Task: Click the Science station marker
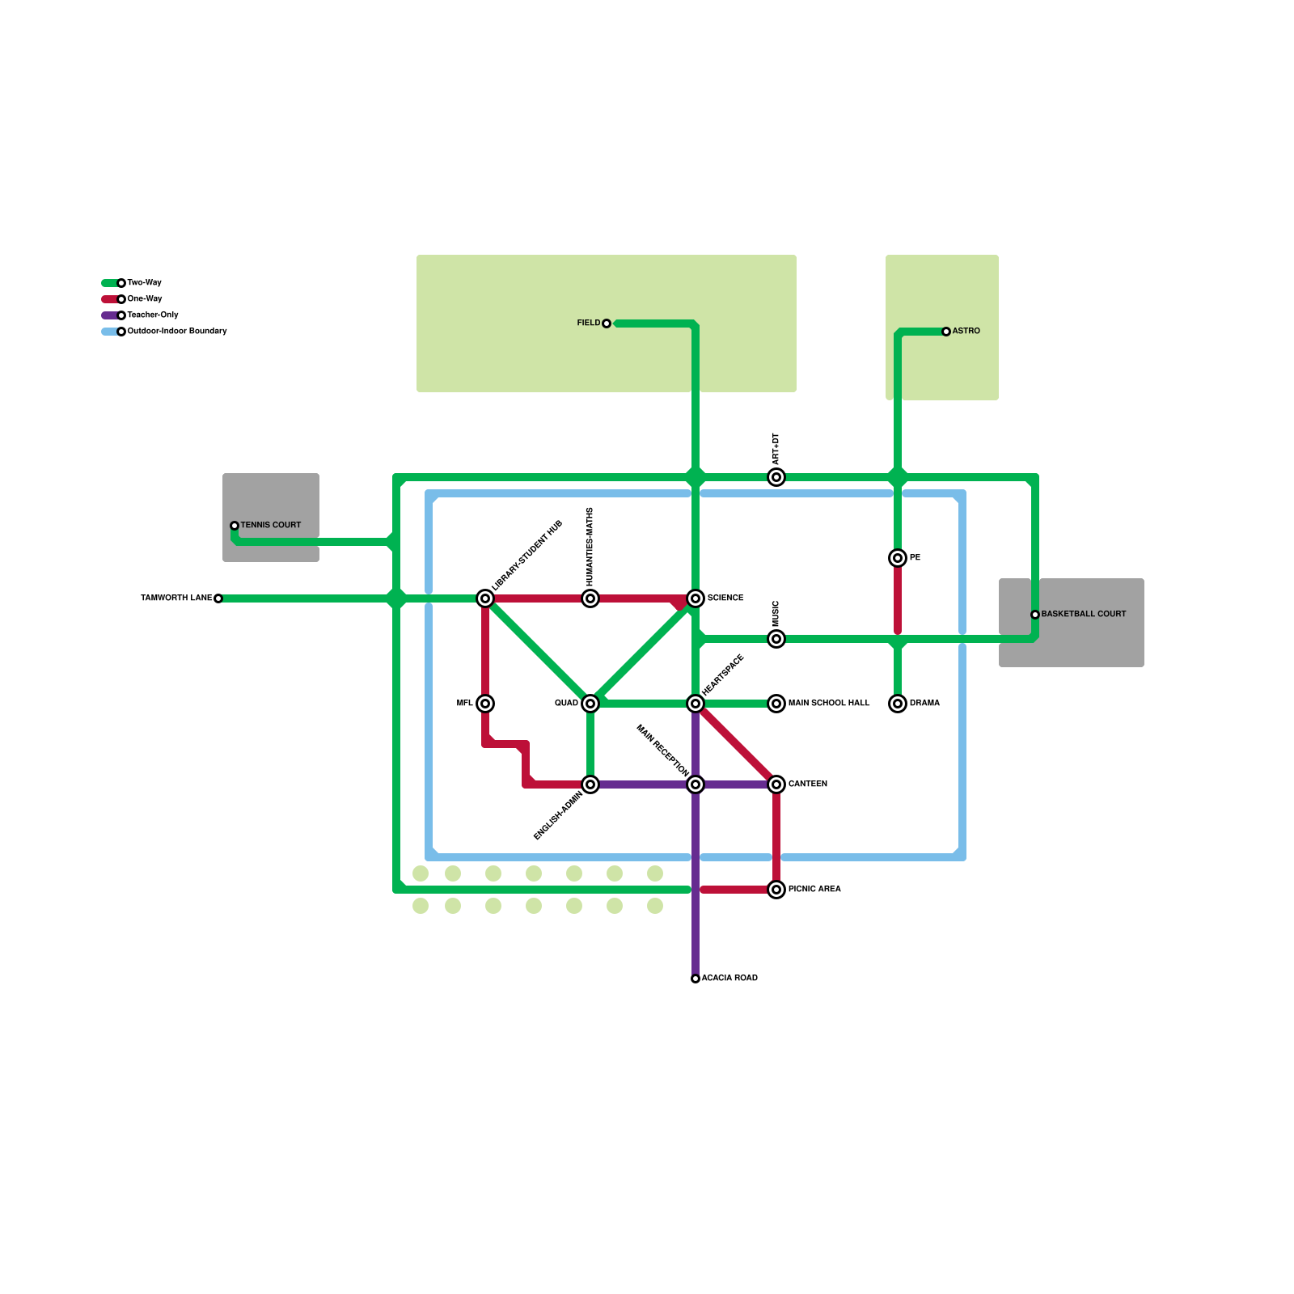click(696, 598)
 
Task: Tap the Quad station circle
click(590, 704)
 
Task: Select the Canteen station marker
click(776, 784)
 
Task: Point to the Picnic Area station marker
click(776, 890)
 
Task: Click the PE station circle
click(898, 558)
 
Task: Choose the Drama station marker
click(898, 704)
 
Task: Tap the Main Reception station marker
click(696, 784)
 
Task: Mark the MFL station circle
click(485, 704)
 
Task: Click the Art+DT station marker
click(776, 477)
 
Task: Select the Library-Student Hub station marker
click(485, 598)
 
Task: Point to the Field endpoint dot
click(607, 323)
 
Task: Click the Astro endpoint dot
click(946, 332)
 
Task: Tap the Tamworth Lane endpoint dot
click(218, 598)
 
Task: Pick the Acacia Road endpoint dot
click(696, 979)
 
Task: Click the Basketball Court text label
click(1083, 615)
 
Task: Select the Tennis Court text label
click(270, 526)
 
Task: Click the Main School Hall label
click(829, 704)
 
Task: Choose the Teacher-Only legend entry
click(152, 315)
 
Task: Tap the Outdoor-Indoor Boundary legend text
click(176, 332)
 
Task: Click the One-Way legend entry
click(144, 299)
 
